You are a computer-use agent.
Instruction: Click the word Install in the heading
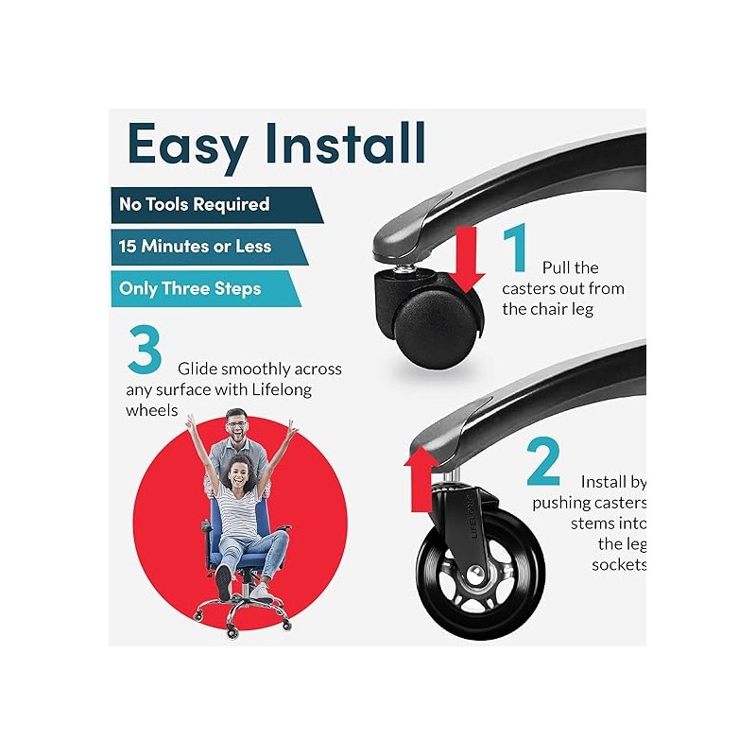coord(345,143)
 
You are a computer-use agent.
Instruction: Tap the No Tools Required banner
coord(217,205)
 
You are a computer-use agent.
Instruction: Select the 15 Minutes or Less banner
coord(210,247)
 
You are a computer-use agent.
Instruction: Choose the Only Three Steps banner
coord(206,288)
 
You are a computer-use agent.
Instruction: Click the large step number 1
coord(515,248)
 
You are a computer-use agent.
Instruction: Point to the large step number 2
coord(543,461)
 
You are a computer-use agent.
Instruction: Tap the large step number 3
coord(145,349)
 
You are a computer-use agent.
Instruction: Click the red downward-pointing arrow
coord(466,259)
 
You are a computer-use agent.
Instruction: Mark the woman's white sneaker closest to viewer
coord(223,582)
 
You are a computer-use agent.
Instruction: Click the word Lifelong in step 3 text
coord(282,389)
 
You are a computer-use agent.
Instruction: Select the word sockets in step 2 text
coord(619,564)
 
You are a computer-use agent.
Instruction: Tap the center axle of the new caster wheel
coord(476,574)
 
